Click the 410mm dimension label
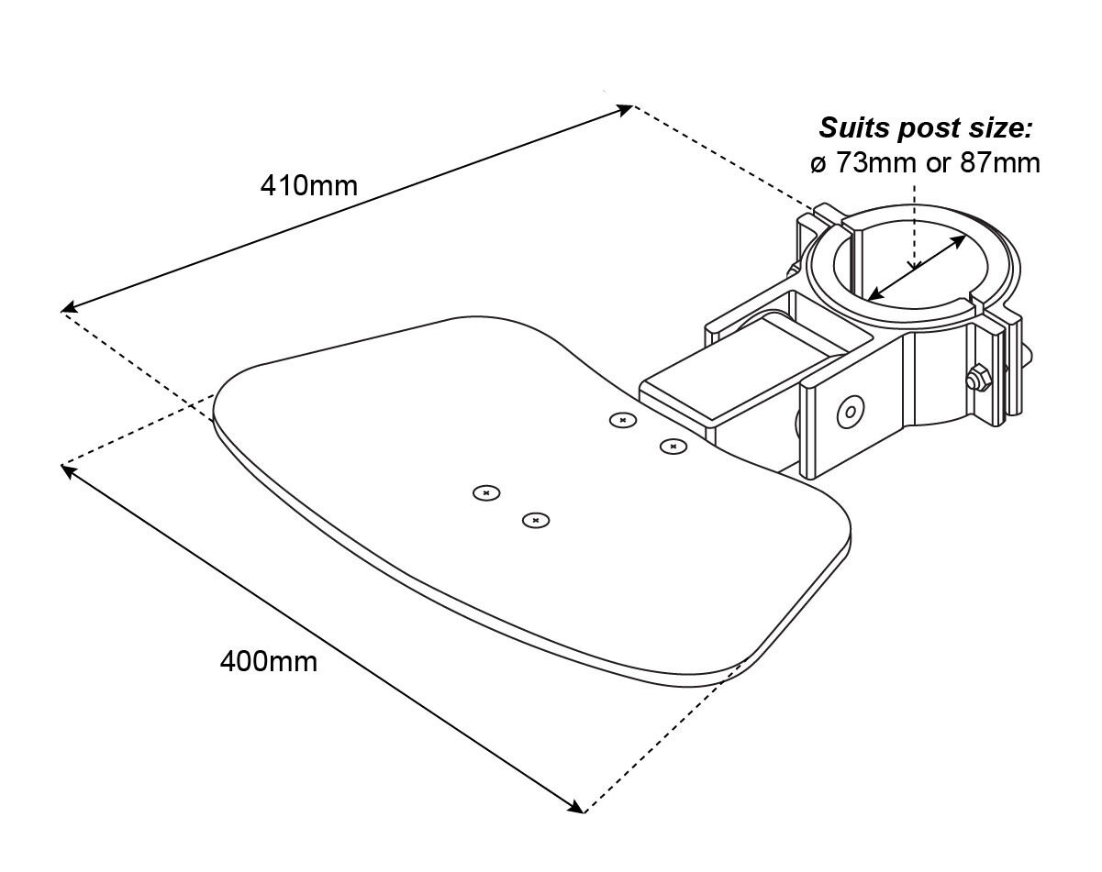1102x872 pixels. [x=308, y=185]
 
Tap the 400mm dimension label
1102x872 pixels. [x=268, y=660]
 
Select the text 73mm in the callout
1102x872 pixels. [x=868, y=163]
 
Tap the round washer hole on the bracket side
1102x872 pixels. [x=850, y=413]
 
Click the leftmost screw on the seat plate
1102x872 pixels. [x=486, y=493]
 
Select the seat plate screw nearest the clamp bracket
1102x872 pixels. [x=673, y=447]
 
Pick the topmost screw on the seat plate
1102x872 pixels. [x=623, y=420]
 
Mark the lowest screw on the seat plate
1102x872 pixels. [x=536, y=521]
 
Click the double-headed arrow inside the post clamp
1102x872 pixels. [x=915, y=267]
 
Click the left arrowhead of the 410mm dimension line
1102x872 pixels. [x=68, y=309]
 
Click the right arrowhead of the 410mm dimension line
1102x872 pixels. [x=627, y=108]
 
